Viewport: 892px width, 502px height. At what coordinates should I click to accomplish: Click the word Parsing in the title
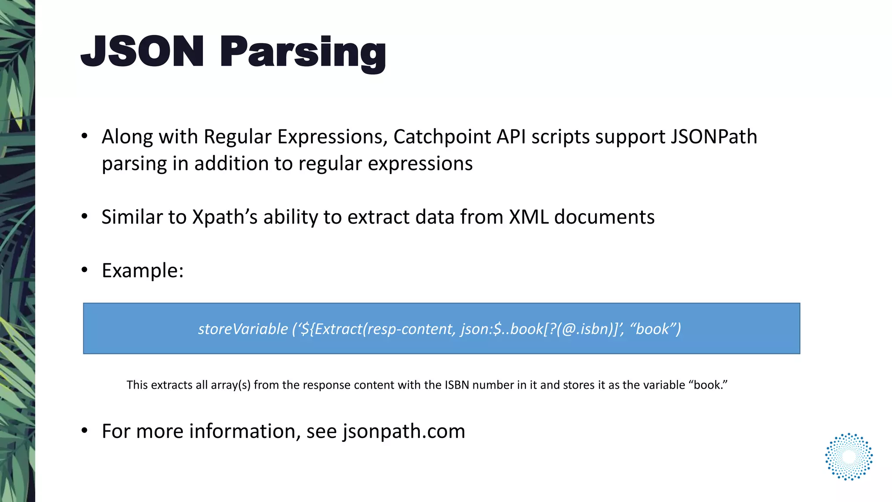(x=303, y=53)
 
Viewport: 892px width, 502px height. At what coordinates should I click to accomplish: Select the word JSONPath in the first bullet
(x=714, y=137)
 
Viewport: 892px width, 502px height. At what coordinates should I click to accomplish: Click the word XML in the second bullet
(x=529, y=217)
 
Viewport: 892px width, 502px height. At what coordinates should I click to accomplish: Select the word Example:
(x=142, y=271)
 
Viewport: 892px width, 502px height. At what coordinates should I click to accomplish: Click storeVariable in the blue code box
(x=243, y=329)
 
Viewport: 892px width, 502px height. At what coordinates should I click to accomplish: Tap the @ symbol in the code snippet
(x=569, y=329)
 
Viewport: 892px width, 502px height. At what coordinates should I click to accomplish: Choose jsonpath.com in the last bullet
(x=404, y=431)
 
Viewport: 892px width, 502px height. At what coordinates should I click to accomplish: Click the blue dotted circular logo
(x=848, y=457)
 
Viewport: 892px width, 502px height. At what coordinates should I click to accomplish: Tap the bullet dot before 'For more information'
(x=84, y=431)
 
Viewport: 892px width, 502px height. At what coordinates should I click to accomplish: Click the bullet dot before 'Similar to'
(x=84, y=217)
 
